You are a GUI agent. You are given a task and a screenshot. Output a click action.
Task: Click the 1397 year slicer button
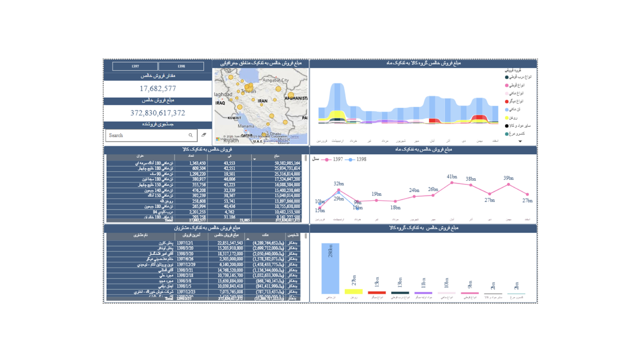tap(135, 66)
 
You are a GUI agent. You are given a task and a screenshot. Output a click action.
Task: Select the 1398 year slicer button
tap(181, 66)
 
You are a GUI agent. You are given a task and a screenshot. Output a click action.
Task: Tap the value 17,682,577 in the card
tap(158, 89)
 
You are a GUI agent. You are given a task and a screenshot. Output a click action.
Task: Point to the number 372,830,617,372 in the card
tap(158, 113)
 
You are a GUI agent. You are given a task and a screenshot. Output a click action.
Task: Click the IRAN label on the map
tap(262, 101)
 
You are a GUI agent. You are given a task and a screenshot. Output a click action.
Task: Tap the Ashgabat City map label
tap(276, 80)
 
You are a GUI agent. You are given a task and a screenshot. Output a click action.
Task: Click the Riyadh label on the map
tap(231, 141)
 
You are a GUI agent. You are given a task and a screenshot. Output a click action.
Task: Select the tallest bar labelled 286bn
tap(330, 268)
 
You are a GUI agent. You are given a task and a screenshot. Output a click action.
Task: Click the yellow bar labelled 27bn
tap(353, 292)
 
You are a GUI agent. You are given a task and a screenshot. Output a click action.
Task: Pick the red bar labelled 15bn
tap(377, 293)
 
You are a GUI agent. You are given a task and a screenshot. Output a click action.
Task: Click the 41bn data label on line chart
tap(452, 177)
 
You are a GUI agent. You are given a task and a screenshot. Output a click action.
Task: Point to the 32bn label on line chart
tap(339, 184)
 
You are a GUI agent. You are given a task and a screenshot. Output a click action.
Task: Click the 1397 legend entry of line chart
tap(334, 159)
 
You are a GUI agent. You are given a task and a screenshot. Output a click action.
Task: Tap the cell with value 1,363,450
tap(197, 163)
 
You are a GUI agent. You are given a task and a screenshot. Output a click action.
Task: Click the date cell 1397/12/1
tap(185, 243)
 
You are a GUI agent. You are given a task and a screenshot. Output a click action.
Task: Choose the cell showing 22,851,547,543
tap(230, 243)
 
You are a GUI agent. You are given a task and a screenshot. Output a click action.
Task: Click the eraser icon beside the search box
tap(204, 135)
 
